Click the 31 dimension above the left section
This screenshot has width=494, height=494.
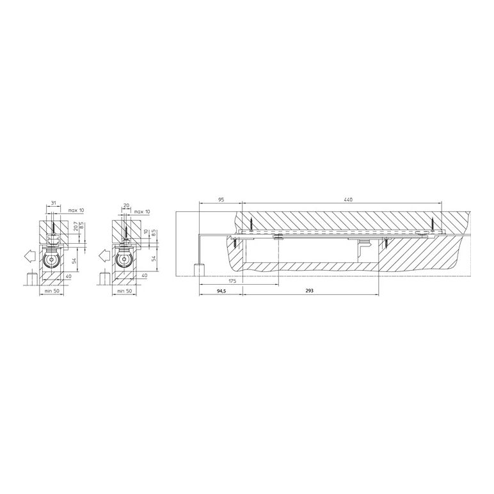(x=53, y=203)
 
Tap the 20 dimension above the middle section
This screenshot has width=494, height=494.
(x=126, y=205)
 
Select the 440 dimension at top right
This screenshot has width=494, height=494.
(x=349, y=200)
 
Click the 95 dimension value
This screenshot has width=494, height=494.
(x=221, y=200)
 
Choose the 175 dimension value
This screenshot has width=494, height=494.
(x=232, y=281)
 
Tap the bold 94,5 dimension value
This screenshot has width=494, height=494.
(x=221, y=291)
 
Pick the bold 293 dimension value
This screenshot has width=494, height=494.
(x=309, y=291)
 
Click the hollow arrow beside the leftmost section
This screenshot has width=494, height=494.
(x=30, y=255)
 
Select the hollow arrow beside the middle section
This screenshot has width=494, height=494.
(x=104, y=255)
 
